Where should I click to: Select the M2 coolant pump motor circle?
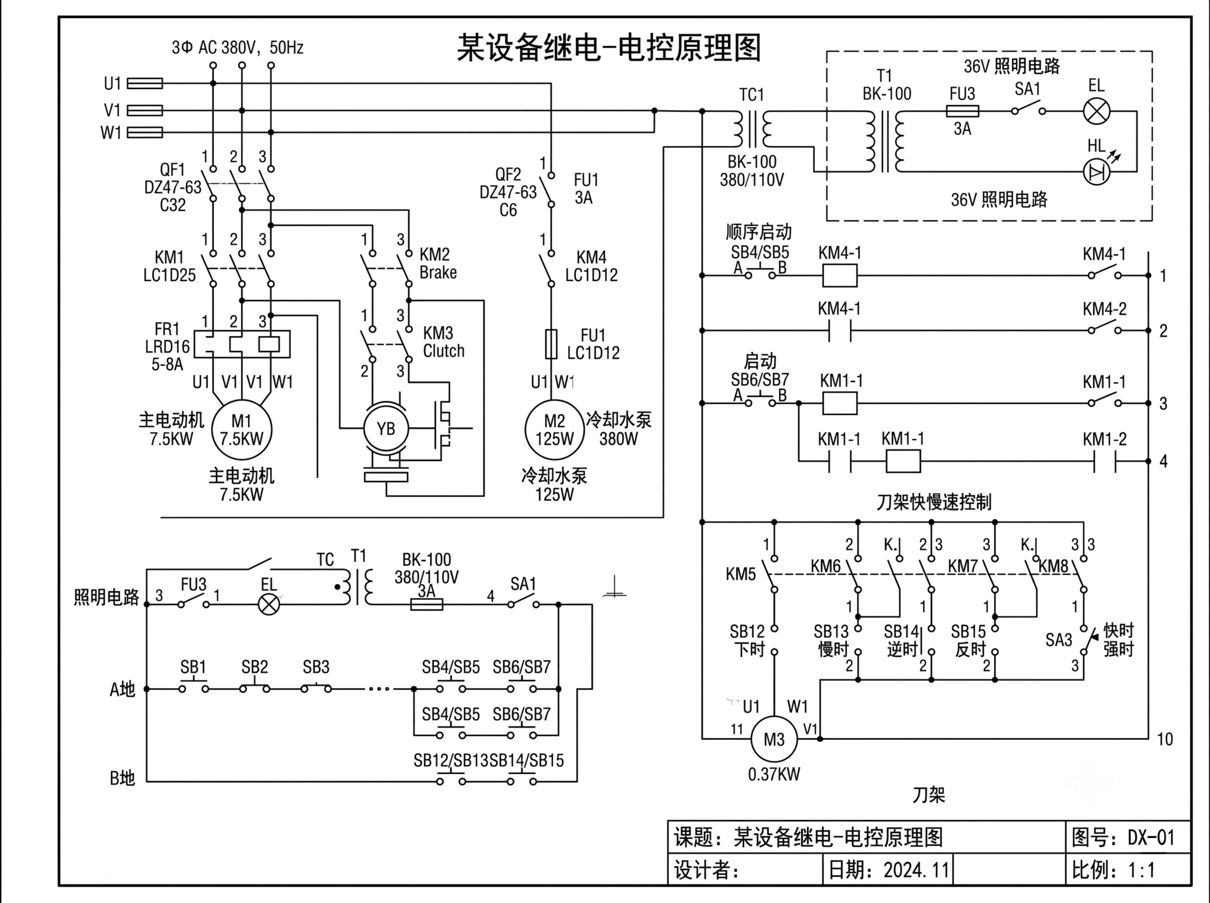pyautogui.click(x=554, y=430)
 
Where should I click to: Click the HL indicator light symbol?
pyautogui.click(x=1096, y=172)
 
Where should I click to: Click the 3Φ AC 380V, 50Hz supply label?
pyautogui.click(x=237, y=48)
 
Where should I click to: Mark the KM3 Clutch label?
pyautogui.click(x=443, y=342)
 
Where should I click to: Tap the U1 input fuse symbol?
pyautogui.click(x=145, y=83)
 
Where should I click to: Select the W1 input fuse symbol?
pyautogui.click(x=145, y=132)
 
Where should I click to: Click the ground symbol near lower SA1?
pyautogui.click(x=614, y=588)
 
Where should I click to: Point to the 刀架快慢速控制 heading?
pyautogui.click(x=933, y=502)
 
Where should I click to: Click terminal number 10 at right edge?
pyautogui.click(x=1165, y=739)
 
